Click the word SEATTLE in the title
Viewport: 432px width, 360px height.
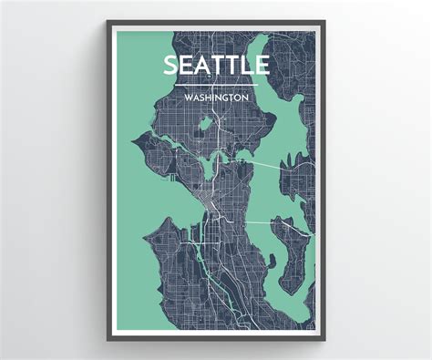tap(216, 66)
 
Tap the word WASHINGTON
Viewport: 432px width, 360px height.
tap(216, 95)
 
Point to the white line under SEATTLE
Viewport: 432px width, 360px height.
tap(216, 83)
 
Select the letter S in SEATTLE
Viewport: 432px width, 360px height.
tap(171, 66)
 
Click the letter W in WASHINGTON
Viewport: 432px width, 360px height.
tap(187, 95)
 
